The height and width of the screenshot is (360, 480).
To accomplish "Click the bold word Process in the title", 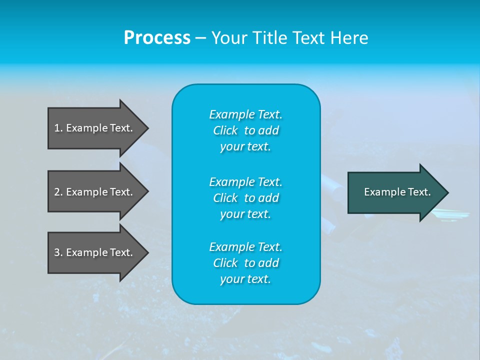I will coord(157,38).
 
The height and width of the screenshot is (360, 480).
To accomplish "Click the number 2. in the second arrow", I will coord(58,192).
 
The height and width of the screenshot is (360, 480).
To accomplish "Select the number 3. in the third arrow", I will coord(58,252).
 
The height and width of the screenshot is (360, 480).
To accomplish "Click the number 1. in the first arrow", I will coord(58,128).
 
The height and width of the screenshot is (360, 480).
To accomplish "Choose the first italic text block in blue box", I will coord(245,130).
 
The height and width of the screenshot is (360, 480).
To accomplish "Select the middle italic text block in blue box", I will coord(245,197).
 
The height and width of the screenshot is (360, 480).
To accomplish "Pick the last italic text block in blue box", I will coord(245,263).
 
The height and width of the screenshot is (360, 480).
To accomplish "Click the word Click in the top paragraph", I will coord(225,130).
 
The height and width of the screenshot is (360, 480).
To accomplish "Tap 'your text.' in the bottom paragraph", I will coord(245,279).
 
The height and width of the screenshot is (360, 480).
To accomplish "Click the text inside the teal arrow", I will coord(397,192).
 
